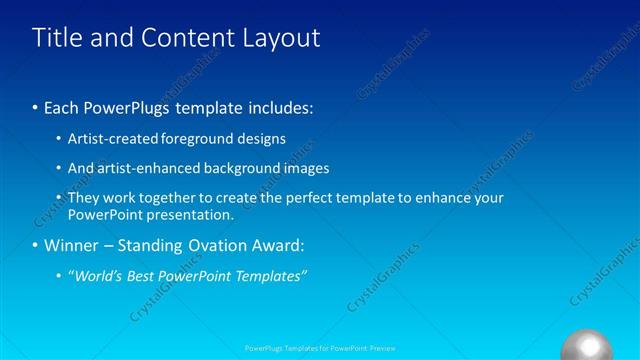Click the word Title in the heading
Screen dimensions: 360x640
click(x=58, y=38)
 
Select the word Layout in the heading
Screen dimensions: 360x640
click(x=281, y=38)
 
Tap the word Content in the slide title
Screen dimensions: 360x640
click(x=187, y=38)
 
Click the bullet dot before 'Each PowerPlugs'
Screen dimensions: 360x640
click(x=36, y=107)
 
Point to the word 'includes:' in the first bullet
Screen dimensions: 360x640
click(x=281, y=107)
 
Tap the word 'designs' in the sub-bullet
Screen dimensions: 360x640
click(x=259, y=139)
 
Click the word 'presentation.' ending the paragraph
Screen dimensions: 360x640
click(x=189, y=214)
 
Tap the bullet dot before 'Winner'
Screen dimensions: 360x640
click(x=36, y=245)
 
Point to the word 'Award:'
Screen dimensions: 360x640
click(x=283, y=245)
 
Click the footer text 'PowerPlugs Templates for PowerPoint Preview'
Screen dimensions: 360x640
click(x=320, y=349)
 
